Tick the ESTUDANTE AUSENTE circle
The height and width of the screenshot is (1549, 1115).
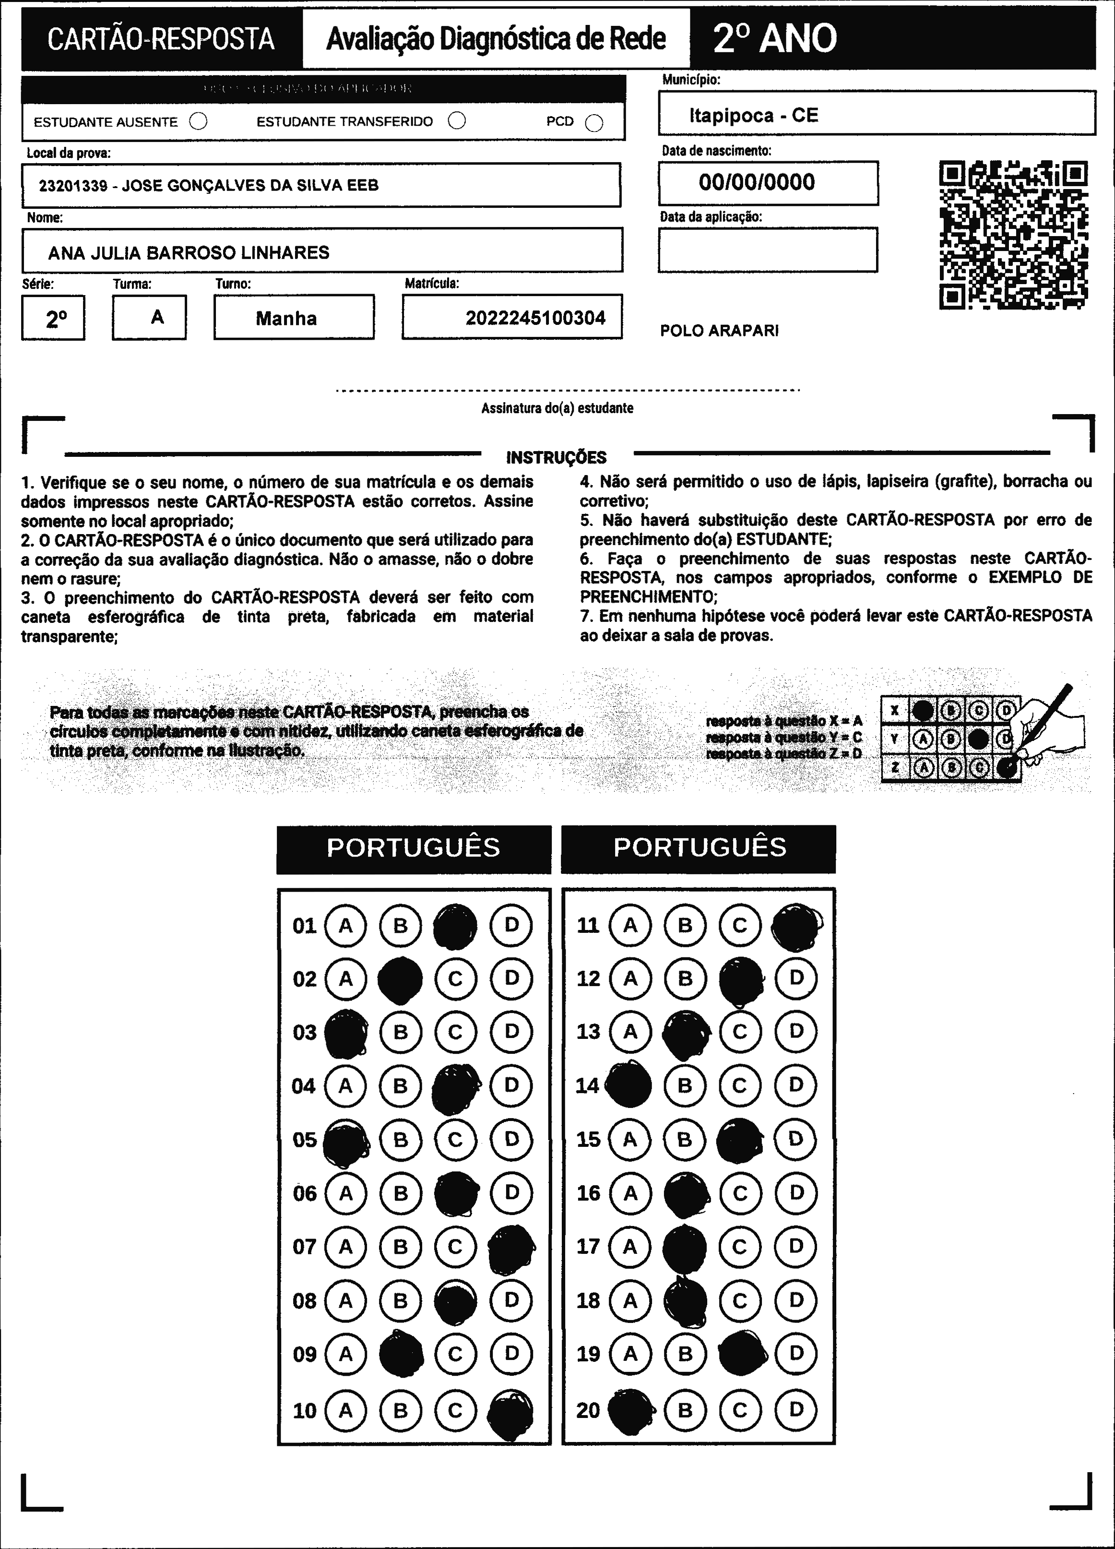(198, 121)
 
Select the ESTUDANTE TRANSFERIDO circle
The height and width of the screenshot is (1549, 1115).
(457, 121)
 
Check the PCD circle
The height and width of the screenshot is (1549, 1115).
(594, 123)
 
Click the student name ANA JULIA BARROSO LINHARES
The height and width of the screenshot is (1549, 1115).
(189, 253)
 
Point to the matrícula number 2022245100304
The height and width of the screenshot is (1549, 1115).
(535, 318)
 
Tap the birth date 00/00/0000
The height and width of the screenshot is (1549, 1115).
(757, 182)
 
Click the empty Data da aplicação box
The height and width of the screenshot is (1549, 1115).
(768, 250)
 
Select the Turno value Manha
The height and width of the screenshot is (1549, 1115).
(286, 318)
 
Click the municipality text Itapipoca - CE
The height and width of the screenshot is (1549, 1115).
(753, 116)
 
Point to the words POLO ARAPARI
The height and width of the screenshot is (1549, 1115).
(719, 331)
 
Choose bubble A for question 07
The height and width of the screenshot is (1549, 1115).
(345, 1246)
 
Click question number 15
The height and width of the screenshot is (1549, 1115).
(588, 1139)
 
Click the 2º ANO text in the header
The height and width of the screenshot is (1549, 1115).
(774, 38)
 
